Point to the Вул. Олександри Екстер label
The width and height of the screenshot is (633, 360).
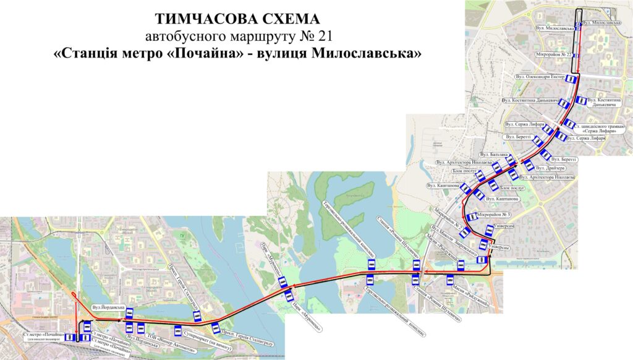coord(540,77)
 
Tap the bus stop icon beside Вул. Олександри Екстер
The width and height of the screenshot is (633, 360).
coord(572,79)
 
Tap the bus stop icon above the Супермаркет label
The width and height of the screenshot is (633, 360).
coord(178,328)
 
